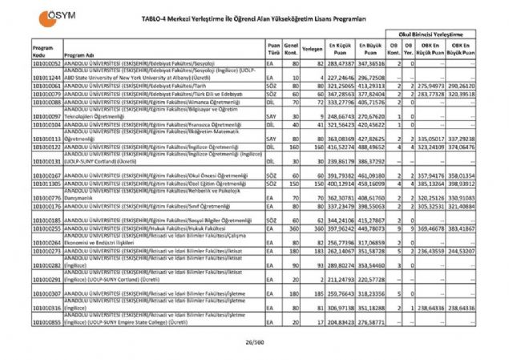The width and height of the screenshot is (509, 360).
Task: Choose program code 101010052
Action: point(46,62)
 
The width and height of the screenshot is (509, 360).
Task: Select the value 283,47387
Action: point(341,62)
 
